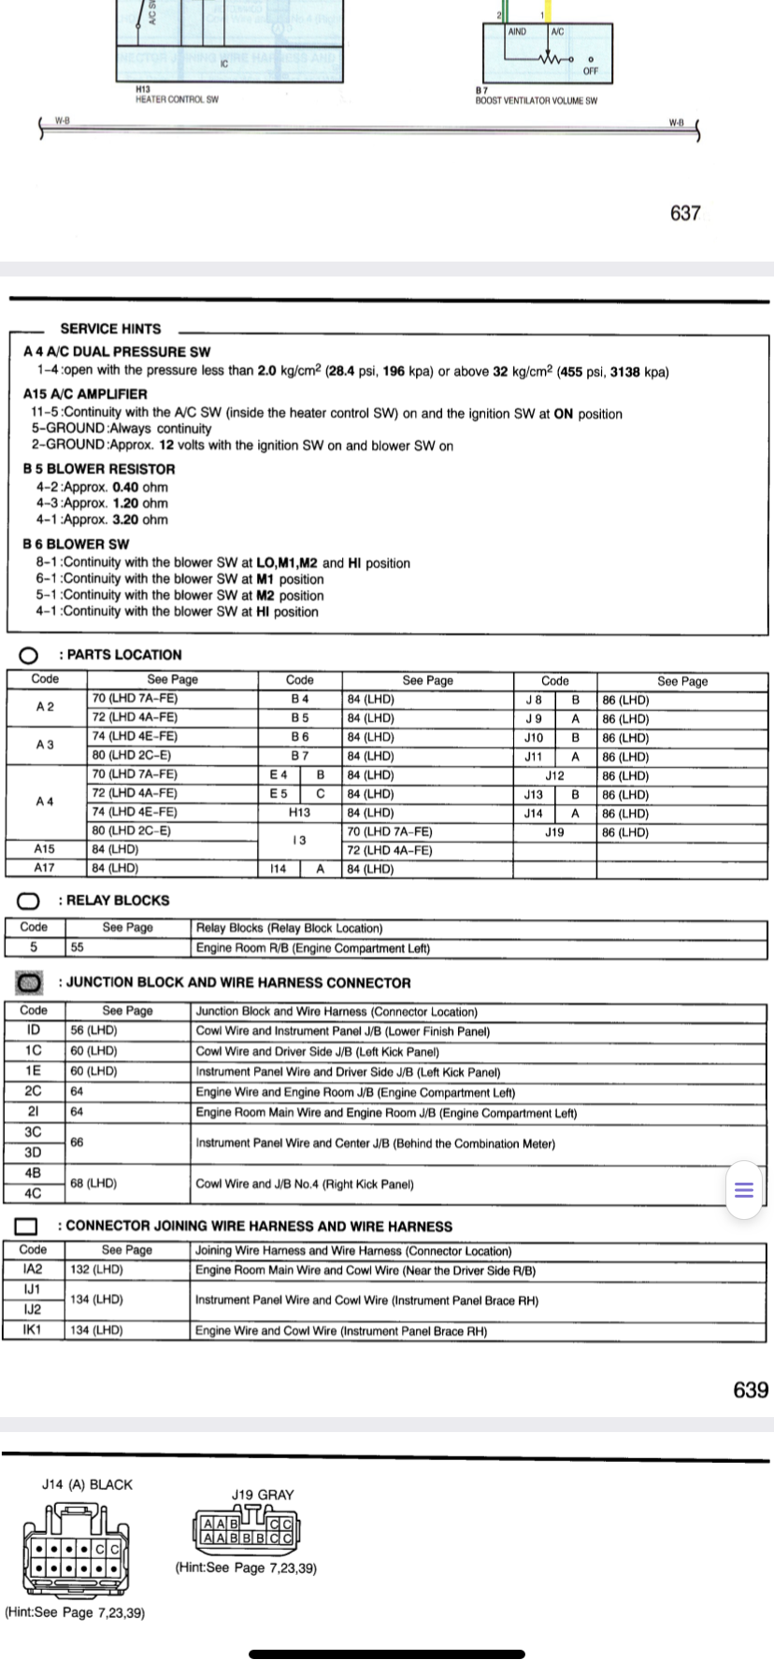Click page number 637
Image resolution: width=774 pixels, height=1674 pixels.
coord(685,214)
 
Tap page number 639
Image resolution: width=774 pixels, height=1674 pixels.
coord(751,1390)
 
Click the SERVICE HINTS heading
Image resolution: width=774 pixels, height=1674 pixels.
coord(110,329)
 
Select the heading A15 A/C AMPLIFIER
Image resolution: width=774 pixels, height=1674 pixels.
coord(85,394)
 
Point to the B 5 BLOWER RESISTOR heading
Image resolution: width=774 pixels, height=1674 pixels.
coord(99,469)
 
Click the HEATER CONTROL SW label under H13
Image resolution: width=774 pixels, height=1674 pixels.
coord(177,99)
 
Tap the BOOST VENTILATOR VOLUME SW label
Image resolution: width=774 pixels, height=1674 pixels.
coord(536,101)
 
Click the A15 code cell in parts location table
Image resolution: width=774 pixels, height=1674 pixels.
coord(44,849)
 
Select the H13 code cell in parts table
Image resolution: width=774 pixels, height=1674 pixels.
coord(299,813)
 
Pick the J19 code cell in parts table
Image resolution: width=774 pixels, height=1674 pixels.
coord(554,831)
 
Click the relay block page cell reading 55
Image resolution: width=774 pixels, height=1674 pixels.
coord(78,947)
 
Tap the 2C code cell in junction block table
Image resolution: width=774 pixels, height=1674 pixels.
coord(34,1091)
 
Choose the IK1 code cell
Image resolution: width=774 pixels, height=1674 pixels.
coord(33,1330)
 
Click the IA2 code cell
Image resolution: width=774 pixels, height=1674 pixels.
coord(33,1270)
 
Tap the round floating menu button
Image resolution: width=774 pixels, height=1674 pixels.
coord(744,1190)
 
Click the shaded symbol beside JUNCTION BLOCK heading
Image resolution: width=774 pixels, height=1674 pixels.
coord(30,983)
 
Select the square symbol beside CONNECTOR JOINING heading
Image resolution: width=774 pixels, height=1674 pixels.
coord(27,1227)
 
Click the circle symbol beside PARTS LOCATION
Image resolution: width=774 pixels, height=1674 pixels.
coord(28,655)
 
